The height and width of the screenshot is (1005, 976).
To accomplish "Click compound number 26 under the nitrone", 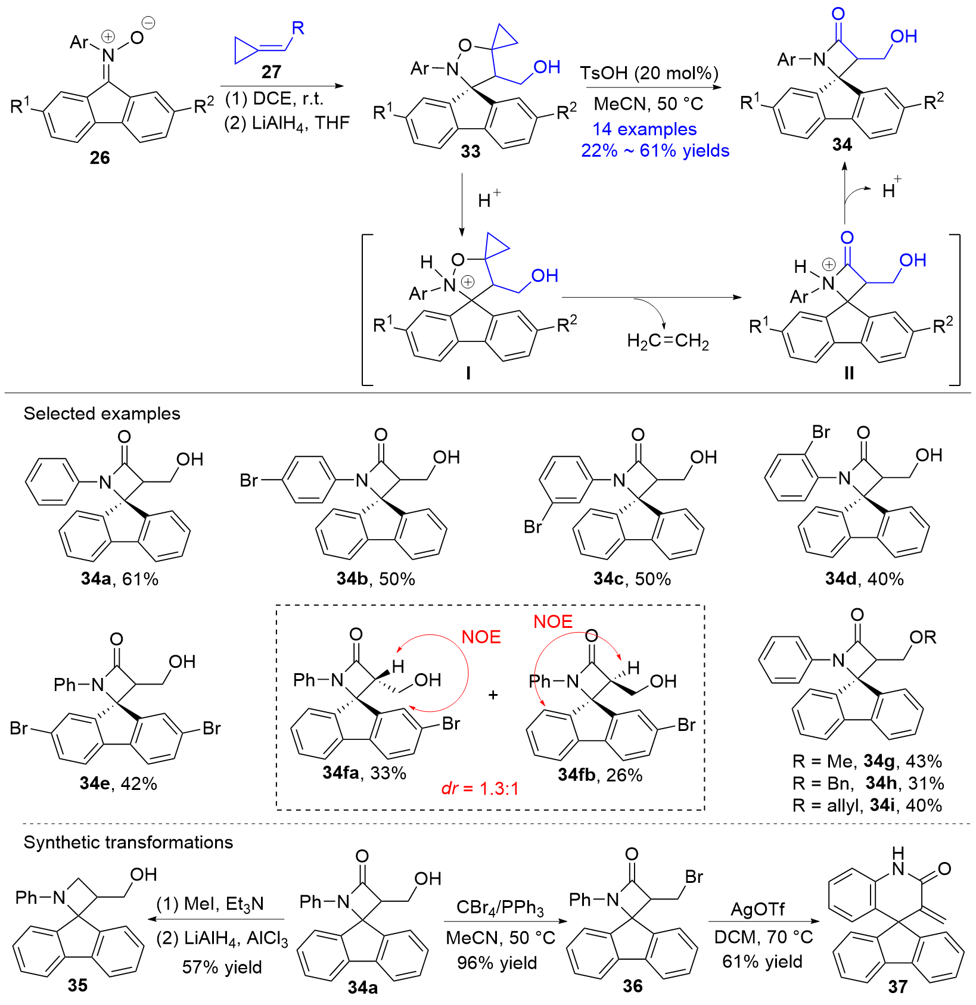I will (100, 157).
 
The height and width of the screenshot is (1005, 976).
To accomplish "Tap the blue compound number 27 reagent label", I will (271, 72).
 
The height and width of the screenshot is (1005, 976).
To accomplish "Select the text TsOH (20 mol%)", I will (649, 73).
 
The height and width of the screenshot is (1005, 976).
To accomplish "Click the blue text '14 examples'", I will (644, 129).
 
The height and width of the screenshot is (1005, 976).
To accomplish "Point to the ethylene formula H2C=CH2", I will (667, 341).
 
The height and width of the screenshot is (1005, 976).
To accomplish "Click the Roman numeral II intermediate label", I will (849, 373).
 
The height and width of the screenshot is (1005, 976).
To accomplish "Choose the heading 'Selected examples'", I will (102, 413).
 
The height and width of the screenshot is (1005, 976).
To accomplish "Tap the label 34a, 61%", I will (120, 578).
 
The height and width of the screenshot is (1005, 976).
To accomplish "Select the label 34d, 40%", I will (864, 578).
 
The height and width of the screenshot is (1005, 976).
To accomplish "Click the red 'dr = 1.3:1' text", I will (480, 788).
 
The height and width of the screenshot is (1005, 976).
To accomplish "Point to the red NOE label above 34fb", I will (552, 621).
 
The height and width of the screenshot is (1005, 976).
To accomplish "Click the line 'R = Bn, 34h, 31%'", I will (868, 783).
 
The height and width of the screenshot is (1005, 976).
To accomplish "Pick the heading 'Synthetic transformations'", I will (128, 842).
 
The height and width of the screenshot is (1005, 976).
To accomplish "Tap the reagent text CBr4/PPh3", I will (500, 908).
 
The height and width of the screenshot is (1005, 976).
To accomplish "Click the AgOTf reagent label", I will (757, 909).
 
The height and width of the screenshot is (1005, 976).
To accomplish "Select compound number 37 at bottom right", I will (897, 987).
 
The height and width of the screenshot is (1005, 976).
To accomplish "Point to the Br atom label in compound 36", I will (694, 876).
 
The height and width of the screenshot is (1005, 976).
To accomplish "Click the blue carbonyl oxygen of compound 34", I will (838, 14).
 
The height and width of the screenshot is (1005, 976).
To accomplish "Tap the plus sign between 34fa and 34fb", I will (493, 695).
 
